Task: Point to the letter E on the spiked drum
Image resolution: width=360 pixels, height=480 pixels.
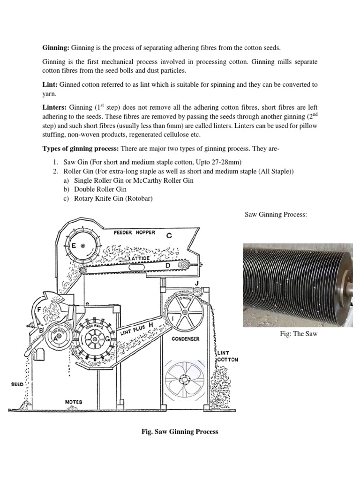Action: coord(74,245)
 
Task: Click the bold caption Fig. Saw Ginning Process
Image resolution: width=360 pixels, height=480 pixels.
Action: coord(180,432)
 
